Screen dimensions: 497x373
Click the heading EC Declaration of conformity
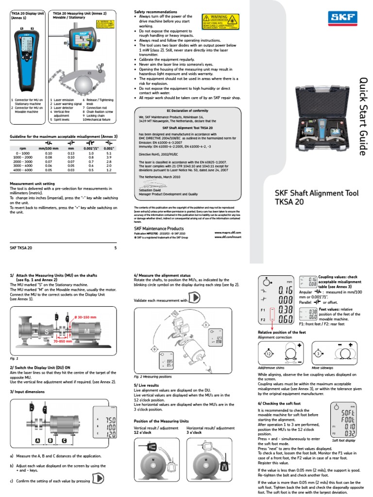click(187, 111)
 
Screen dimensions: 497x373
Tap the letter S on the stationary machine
click(34, 331)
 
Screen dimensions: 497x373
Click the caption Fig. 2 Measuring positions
click(154, 376)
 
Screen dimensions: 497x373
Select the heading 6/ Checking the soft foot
click(280, 403)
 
